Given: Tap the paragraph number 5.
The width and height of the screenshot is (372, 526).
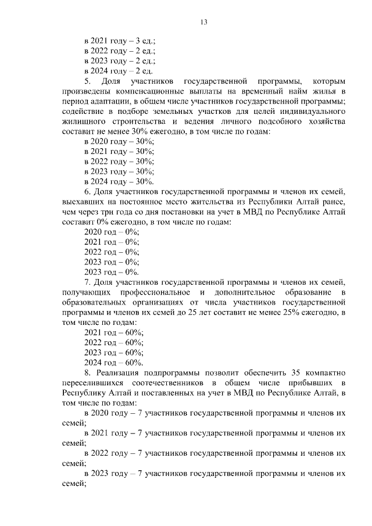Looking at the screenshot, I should click(x=87, y=81).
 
